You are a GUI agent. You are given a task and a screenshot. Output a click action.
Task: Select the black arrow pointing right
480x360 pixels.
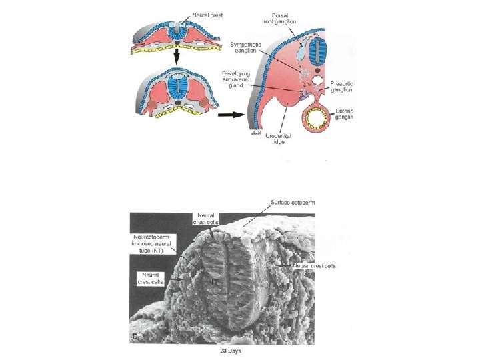[229, 113]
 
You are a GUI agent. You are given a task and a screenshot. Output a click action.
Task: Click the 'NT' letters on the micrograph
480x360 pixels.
[213, 283]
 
